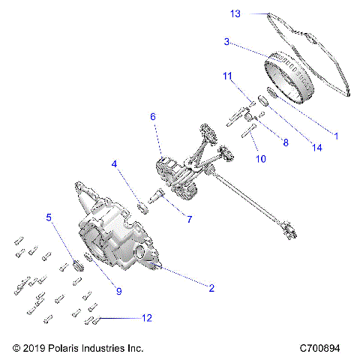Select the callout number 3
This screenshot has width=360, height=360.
226,42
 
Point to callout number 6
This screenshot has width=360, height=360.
153,117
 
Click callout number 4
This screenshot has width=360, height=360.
114,163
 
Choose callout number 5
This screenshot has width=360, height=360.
49,217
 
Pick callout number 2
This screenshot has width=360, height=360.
211,288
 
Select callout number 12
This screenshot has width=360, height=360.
146,318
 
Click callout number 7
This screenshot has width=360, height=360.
189,220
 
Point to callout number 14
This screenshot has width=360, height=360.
318,148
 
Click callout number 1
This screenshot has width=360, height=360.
336,136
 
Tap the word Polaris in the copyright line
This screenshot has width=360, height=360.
70,349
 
